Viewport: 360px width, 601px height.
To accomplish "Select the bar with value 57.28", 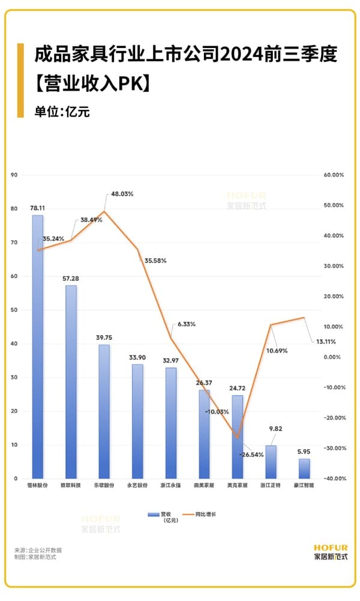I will pos(71,381).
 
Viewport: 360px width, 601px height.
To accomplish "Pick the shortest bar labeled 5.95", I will pos(304,468).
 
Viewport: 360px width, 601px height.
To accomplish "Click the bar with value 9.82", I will pos(271,462).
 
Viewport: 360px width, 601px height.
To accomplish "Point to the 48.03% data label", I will pos(122,194).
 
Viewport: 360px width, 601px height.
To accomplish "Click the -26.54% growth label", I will pos(252,455).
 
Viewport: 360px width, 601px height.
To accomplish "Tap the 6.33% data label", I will pos(186,324).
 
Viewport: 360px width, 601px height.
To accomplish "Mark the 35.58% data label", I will pos(155,261).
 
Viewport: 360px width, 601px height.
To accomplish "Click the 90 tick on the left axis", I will pos(15,175).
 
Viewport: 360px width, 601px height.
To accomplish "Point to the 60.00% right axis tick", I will pos(333,175).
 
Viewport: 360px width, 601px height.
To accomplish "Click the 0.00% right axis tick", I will pos(334,357).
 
